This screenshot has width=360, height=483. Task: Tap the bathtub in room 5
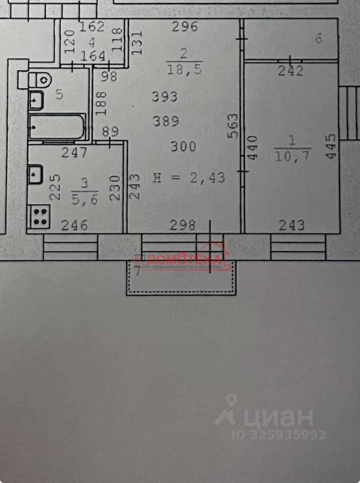pyautogui.click(x=57, y=126)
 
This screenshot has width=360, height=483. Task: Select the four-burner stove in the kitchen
pyautogui.click(x=40, y=216)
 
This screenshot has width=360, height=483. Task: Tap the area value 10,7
pyautogui.click(x=293, y=157)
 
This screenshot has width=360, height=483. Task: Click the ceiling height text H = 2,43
pyautogui.click(x=188, y=177)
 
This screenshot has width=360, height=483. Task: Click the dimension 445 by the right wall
pyautogui.click(x=330, y=146)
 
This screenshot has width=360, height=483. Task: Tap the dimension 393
pyautogui.click(x=165, y=97)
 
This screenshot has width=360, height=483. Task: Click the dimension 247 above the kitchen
pyautogui.click(x=75, y=152)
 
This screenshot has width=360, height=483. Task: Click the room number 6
pyautogui.click(x=318, y=39)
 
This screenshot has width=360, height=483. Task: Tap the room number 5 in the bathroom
pyautogui.click(x=59, y=94)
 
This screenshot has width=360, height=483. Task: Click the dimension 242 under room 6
pyautogui.click(x=291, y=71)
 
